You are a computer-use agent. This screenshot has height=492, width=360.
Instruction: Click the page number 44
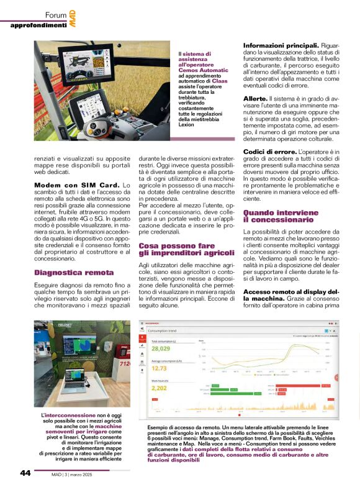[x=25, y=473]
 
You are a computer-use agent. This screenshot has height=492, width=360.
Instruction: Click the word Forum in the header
[x=56, y=14]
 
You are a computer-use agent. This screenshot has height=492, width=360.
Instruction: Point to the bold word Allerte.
[x=255, y=99]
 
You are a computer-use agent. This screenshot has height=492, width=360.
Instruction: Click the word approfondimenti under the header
[x=38, y=25]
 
